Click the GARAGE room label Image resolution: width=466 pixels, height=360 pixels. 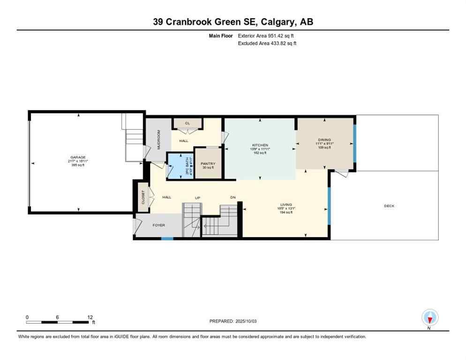78,157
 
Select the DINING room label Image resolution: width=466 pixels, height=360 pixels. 324,140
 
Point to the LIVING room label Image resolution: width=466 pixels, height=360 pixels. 286,205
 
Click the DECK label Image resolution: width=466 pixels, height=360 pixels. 389,205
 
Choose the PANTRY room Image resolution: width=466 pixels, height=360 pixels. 209,164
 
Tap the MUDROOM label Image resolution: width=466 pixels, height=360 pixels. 158,139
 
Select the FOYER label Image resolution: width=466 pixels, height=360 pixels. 158,225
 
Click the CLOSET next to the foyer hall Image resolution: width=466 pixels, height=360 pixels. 143,197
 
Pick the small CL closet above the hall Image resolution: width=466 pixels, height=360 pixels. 188,124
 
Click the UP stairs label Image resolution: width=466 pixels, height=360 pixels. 198,198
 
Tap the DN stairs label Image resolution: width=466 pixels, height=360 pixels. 233,198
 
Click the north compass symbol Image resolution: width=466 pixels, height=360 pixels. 429,318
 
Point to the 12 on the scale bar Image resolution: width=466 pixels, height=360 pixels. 90,317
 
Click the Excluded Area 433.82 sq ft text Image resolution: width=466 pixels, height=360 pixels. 267,43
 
